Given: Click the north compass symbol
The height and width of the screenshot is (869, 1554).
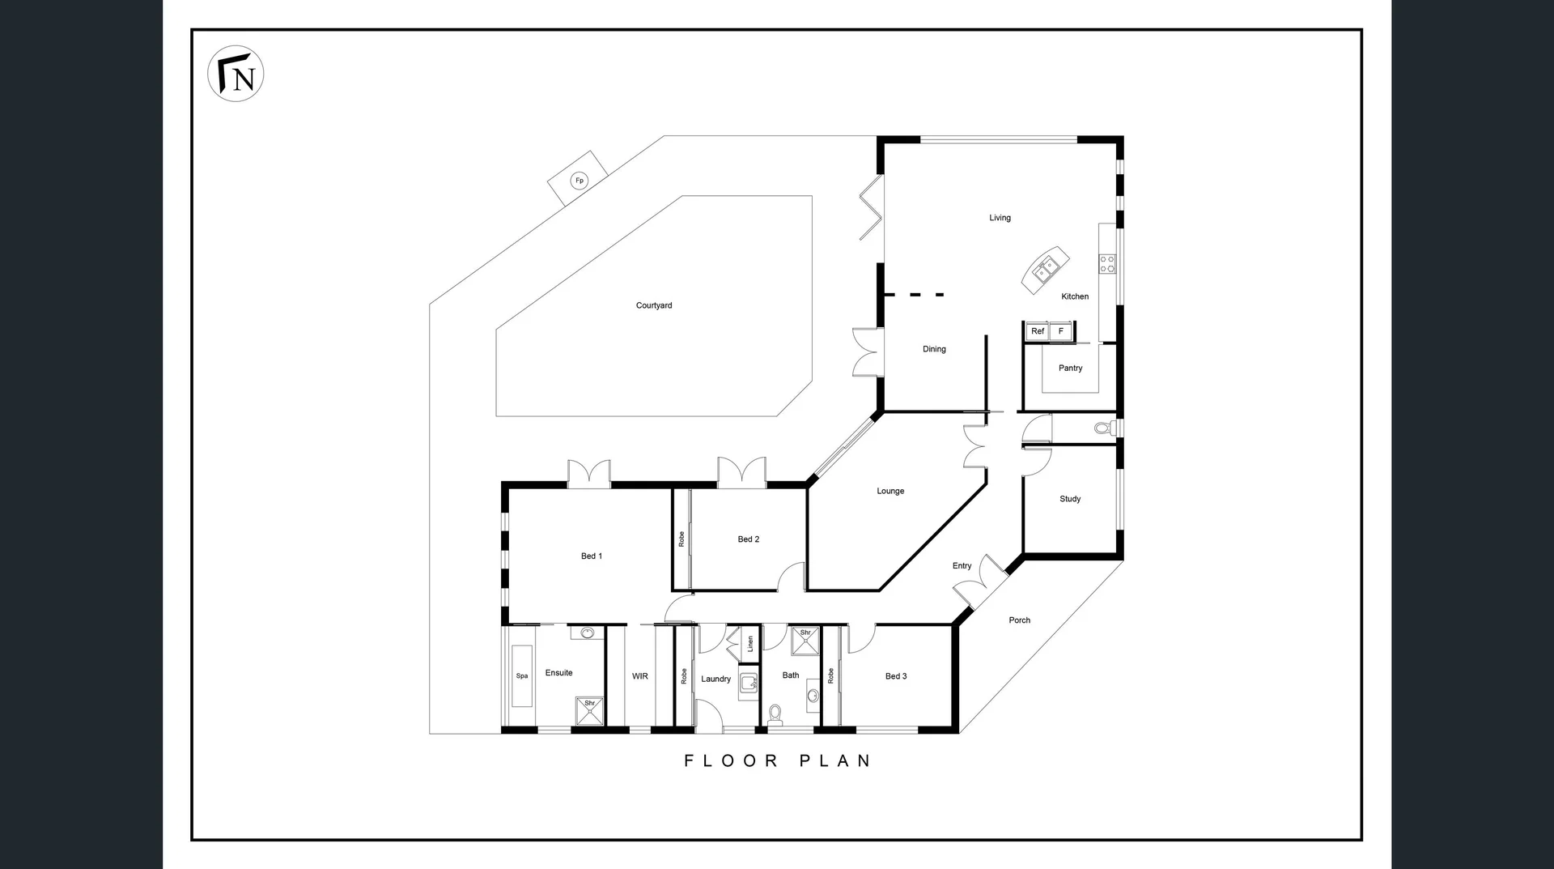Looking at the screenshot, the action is (x=236, y=74).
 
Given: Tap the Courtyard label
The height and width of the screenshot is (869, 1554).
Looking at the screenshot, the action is (x=654, y=305).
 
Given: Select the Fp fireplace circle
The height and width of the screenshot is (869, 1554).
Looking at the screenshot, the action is (x=579, y=181).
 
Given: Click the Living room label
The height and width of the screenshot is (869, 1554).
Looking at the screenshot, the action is (x=1000, y=218).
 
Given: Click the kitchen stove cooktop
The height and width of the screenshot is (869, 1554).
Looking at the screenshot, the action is (x=1106, y=263).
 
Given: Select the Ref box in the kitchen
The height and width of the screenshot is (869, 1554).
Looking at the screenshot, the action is (x=1038, y=331).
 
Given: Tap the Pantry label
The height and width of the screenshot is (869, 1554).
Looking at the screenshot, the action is (x=1070, y=368).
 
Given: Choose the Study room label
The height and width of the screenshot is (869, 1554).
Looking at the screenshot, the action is (x=1070, y=499).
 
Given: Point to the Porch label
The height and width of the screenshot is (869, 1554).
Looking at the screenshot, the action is (x=1019, y=620).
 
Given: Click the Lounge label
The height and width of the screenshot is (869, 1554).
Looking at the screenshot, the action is (x=890, y=491).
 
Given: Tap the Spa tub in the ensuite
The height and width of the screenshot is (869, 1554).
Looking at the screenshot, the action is (x=522, y=675).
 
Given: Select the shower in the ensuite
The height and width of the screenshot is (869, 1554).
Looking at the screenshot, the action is (x=588, y=710).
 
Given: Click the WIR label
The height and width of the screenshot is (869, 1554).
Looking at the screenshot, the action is (x=639, y=676).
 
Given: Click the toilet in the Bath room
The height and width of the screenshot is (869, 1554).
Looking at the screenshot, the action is (x=775, y=713).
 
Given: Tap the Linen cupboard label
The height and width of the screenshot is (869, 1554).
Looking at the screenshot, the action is (x=750, y=644).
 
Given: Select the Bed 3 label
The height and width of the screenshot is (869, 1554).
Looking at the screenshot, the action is (x=896, y=676).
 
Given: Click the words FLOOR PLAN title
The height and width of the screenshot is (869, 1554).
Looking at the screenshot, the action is (x=777, y=760).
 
